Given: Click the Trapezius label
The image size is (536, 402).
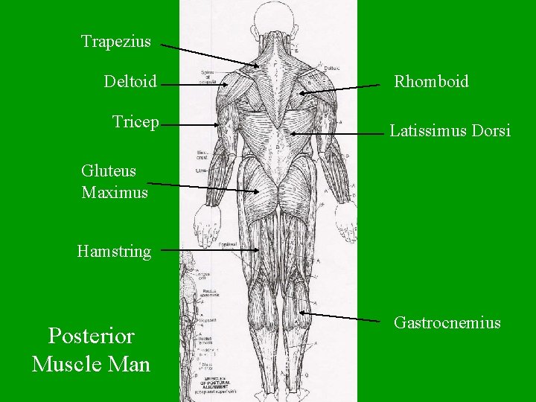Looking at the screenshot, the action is pos(115,42).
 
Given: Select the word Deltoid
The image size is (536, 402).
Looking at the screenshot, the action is pos(130,81).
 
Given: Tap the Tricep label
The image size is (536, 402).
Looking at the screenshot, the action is pos(135,122).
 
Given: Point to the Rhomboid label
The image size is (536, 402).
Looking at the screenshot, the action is pos(431,82).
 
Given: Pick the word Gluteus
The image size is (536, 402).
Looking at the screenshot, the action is pos(109,170).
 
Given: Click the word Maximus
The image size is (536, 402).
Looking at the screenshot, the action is pos(115,193).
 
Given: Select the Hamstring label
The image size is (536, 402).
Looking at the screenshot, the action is pos(114,252).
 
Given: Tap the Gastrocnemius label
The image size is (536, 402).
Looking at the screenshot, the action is pos(447,323).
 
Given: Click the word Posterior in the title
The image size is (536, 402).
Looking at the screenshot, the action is pos(91,336).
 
